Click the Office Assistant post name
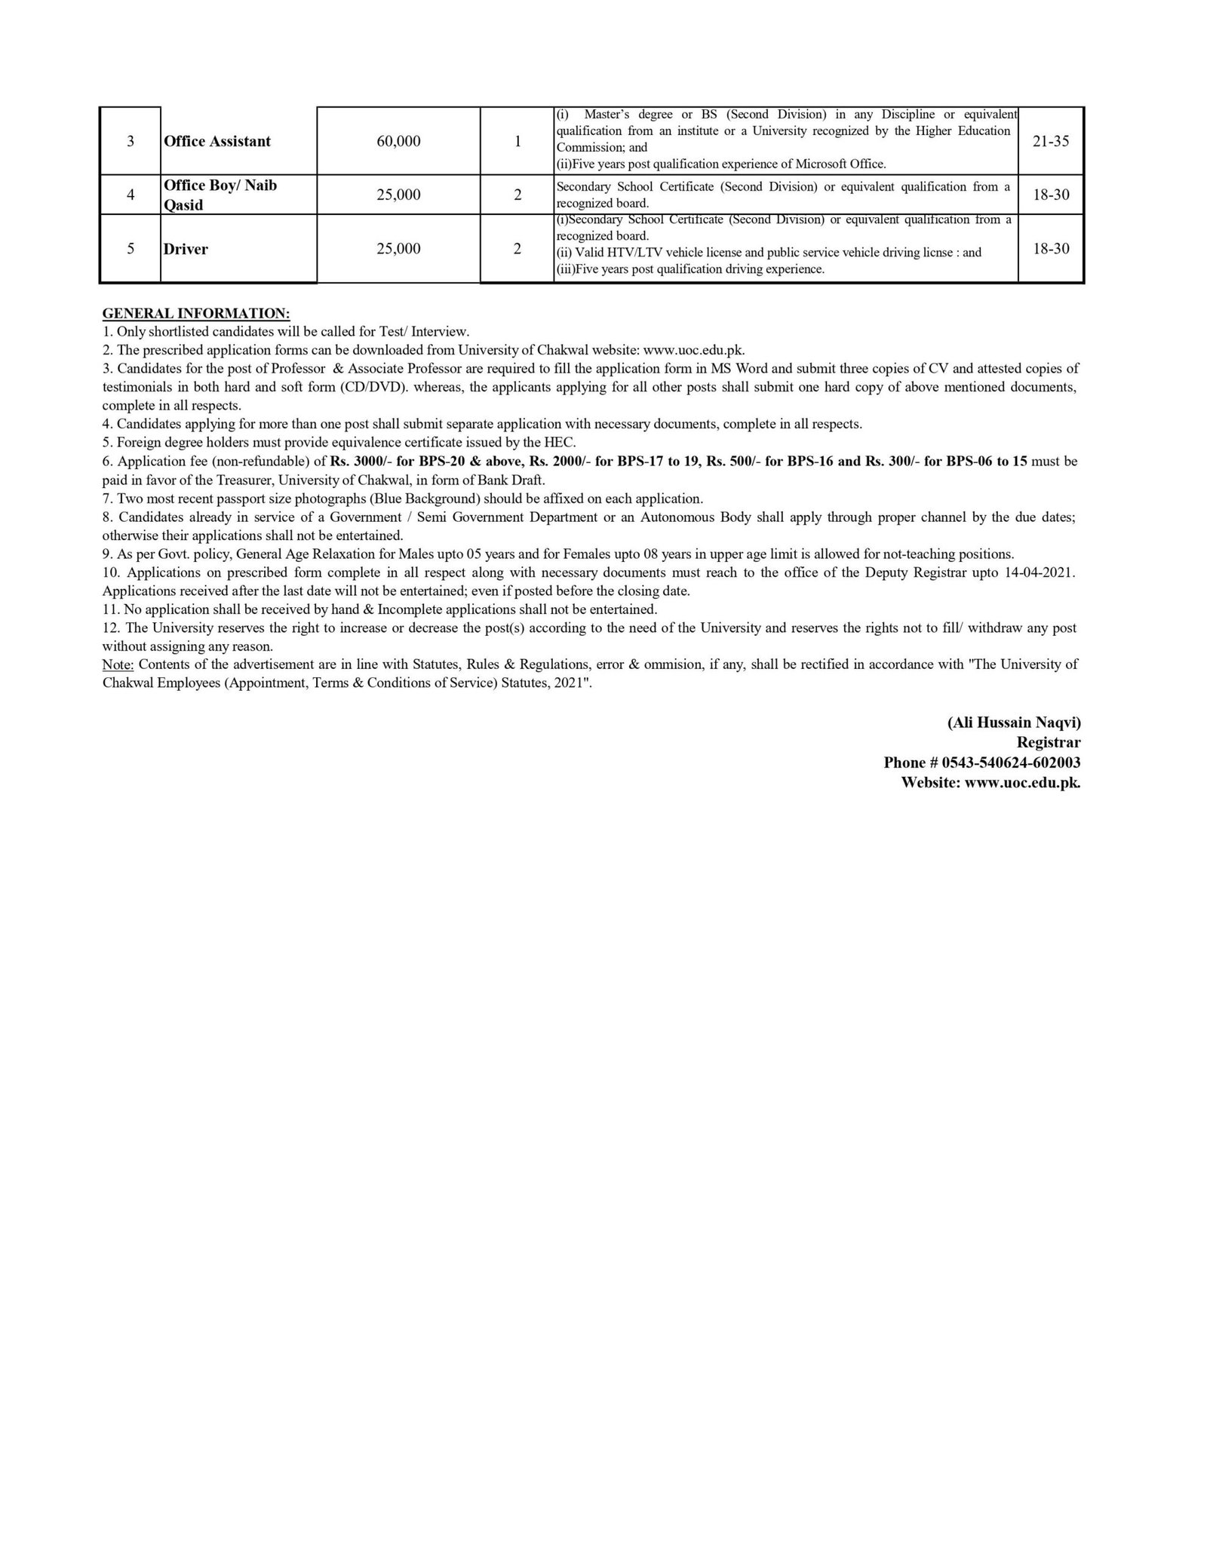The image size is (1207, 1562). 217,141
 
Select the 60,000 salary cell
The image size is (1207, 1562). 398,141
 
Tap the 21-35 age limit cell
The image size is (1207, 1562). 1051,141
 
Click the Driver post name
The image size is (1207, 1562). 186,249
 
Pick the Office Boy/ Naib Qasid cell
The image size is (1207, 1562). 220,195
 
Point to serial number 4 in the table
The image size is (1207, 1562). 131,195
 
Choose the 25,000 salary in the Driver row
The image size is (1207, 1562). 398,249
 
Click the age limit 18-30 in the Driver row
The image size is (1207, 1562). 1051,249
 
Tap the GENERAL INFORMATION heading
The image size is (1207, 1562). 196,313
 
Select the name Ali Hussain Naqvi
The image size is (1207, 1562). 1014,723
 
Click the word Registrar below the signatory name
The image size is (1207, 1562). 1049,743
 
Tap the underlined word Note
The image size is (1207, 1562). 118,664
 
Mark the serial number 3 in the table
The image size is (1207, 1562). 131,141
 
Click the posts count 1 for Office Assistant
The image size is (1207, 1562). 518,141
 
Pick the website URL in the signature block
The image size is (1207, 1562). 1022,783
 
